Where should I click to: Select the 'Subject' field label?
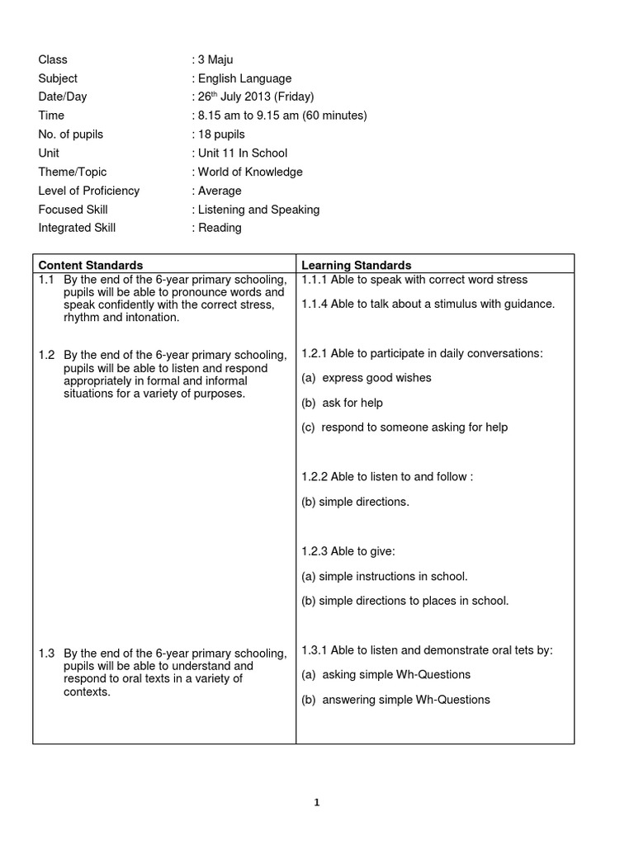click(x=58, y=78)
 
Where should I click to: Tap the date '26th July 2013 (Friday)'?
click(x=253, y=97)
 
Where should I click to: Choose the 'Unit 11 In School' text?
click(x=241, y=153)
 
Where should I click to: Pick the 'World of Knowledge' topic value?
click(x=248, y=172)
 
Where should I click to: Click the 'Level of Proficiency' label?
click(x=89, y=191)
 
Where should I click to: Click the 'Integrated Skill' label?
click(x=77, y=228)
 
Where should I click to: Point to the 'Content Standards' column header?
click(x=91, y=265)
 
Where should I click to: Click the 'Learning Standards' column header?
click(x=357, y=265)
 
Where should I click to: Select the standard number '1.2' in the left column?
click(x=46, y=355)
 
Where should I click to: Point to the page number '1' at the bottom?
click(x=316, y=802)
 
